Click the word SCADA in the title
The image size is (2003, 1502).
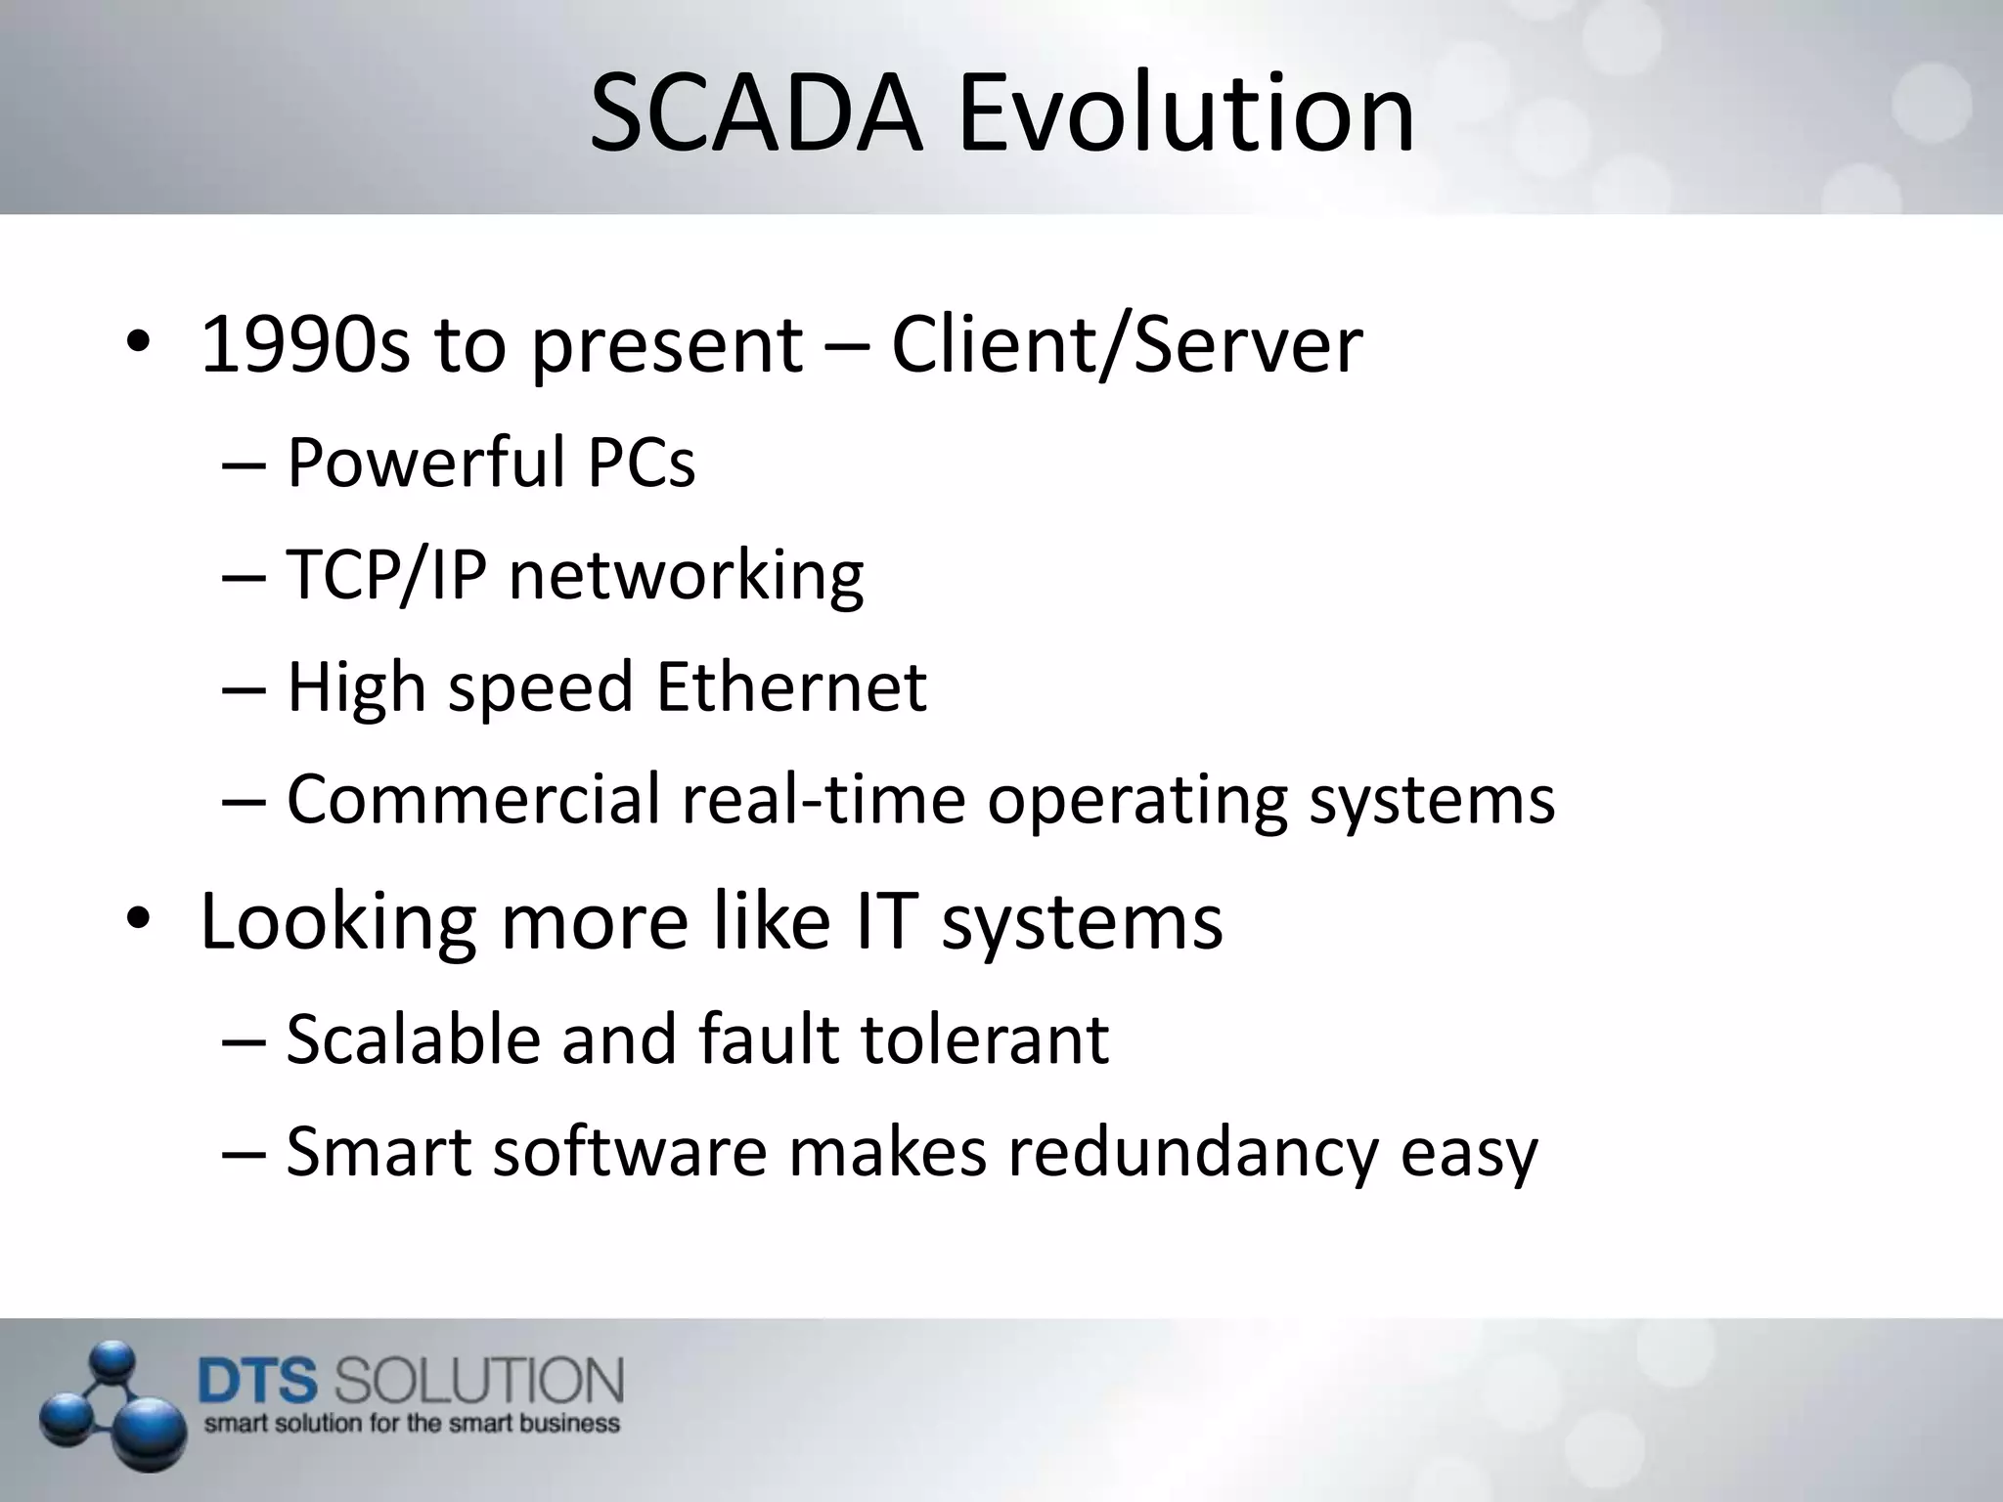pyautogui.click(x=756, y=115)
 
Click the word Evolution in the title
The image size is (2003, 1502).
pyautogui.click(x=1185, y=115)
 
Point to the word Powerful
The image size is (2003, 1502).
pyautogui.click(x=425, y=462)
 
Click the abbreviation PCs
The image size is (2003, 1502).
pyautogui.click(x=641, y=462)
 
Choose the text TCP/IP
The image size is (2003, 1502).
pyautogui.click(x=386, y=574)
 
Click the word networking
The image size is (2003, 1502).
pyautogui.click(x=686, y=576)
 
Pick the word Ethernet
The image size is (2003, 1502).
pyautogui.click(x=790, y=686)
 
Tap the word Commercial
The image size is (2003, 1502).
pyautogui.click(x=473, y=799)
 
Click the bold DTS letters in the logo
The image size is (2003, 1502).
pyautogui.click(x=258, y=1383)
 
